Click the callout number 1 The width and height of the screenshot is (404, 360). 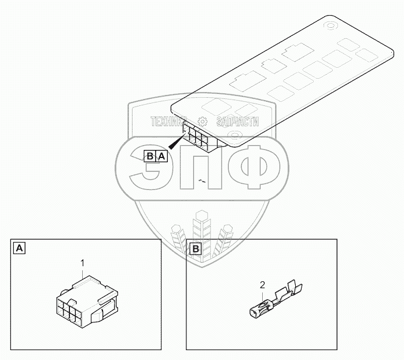click(x=83, y=263)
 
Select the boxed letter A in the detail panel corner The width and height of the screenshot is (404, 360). click(x=19, y=248)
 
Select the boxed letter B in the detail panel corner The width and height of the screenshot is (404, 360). click(x=196, y=249)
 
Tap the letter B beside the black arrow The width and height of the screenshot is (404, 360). click(x=150, y=156)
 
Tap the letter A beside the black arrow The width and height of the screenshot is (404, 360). click(x=162, y=156)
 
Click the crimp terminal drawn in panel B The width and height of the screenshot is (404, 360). click(x=274, y=300)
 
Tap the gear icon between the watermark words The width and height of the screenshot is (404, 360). click(x=203, y=122)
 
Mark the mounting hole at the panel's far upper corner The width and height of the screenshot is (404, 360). click(x=332, y=25)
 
